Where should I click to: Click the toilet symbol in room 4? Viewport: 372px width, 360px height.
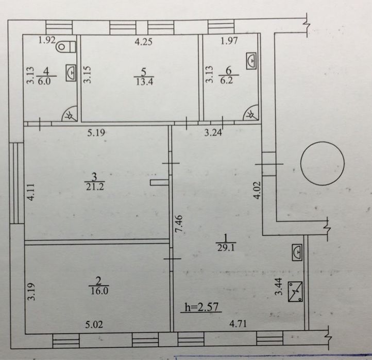66,47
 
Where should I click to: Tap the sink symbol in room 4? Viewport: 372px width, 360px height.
71,73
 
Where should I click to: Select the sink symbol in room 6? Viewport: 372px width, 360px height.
251,61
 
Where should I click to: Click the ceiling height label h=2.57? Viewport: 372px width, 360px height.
201,307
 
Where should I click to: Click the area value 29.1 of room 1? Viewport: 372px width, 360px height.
226,248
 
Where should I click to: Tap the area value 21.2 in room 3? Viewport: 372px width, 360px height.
95,187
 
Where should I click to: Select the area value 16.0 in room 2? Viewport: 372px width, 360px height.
99,291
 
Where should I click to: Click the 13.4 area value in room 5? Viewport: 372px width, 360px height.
144,81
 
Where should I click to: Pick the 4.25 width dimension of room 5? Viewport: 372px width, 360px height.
143,42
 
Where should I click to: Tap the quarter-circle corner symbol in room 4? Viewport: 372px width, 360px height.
70,114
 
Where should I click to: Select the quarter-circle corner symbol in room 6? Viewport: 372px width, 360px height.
251,113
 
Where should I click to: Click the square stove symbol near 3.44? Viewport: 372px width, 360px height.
295,292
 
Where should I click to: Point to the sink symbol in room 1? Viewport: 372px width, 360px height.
297,252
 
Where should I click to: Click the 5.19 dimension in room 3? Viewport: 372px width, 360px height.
96,132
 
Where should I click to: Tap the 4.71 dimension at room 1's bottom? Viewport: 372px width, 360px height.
238,323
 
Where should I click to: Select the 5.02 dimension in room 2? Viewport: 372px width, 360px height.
94,324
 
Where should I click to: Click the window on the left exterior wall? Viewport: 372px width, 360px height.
16,183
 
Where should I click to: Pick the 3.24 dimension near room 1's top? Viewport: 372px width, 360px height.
213,132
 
